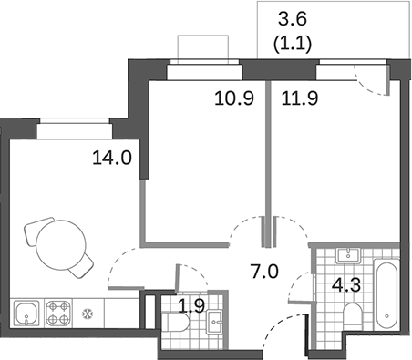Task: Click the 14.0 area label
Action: (113, 157)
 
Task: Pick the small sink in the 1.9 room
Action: (215, 319)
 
